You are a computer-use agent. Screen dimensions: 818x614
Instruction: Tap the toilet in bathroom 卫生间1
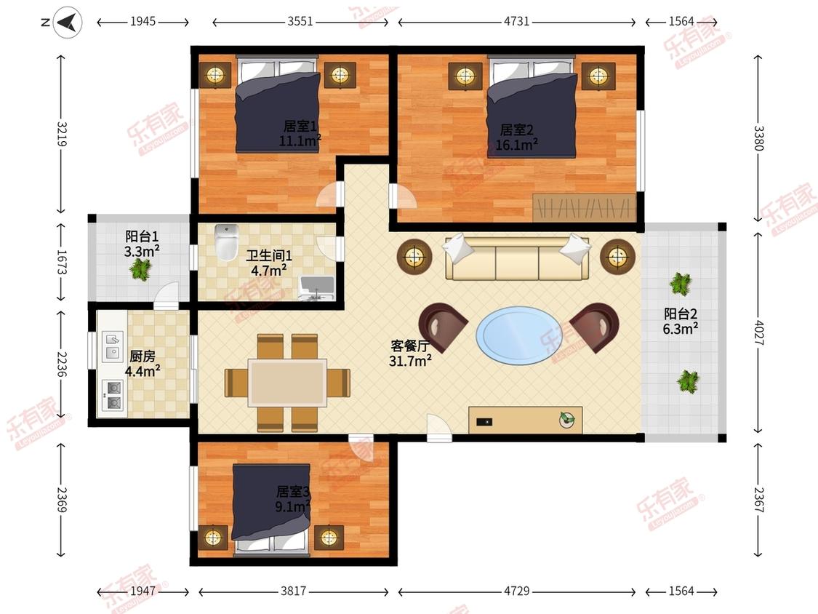226,242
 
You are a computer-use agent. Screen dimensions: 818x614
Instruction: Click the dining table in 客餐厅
287,382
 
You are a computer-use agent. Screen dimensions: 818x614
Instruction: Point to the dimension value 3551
300,21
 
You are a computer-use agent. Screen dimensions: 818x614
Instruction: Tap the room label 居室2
516,129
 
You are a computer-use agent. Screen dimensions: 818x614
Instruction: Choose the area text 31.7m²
410,360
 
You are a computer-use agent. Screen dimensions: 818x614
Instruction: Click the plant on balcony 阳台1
140,269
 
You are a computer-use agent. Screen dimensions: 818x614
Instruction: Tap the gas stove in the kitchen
113,395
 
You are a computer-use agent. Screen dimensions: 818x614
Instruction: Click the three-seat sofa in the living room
516,258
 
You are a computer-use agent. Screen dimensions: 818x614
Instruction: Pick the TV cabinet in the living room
525,420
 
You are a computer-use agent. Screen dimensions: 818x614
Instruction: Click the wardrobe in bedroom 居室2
584,207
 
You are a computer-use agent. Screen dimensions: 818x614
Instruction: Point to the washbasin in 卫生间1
317,288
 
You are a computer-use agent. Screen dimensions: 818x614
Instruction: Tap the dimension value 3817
293,591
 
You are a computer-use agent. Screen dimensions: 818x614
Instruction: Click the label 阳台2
681,314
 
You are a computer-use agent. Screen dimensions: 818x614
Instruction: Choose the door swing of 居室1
328,195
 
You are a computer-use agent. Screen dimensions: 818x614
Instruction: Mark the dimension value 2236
62,364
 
